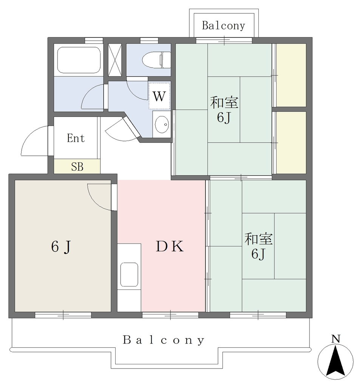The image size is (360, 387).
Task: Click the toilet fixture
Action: tap(156, 60)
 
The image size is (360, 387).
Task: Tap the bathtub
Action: tap(79, 60)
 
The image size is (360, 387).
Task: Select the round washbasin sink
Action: tap(162, 124)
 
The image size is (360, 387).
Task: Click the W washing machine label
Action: tap(159, 96)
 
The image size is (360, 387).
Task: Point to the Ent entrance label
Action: tap(76, 138)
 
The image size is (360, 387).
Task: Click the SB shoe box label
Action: tap(77, 167)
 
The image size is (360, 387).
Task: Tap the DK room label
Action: tap(170, 246)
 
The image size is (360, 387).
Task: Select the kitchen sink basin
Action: tap(129, 274)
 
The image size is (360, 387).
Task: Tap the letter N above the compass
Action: tap(335, 339)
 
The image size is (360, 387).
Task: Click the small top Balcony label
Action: tap(223, 26)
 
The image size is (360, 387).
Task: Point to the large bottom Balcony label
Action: tap(164, 340)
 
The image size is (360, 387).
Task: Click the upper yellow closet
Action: tap(291, 75)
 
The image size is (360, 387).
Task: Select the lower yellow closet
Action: tap(291, 142)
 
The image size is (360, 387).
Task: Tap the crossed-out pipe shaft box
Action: tap(115, 60)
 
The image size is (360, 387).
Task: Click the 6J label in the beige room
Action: tap(61, 246)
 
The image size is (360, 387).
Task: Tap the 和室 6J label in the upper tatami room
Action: tap(224, 110)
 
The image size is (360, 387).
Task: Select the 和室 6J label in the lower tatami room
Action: tap(259, 246)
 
